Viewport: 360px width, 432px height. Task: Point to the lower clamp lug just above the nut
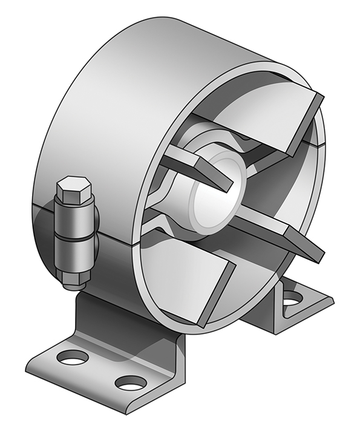pyautogui.click(x=75, y=254)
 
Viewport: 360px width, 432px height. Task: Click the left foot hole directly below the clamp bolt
pyautogui.click(x=73, y=358)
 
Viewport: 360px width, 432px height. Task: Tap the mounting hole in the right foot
pyautogui.click(x=292, y=297)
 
